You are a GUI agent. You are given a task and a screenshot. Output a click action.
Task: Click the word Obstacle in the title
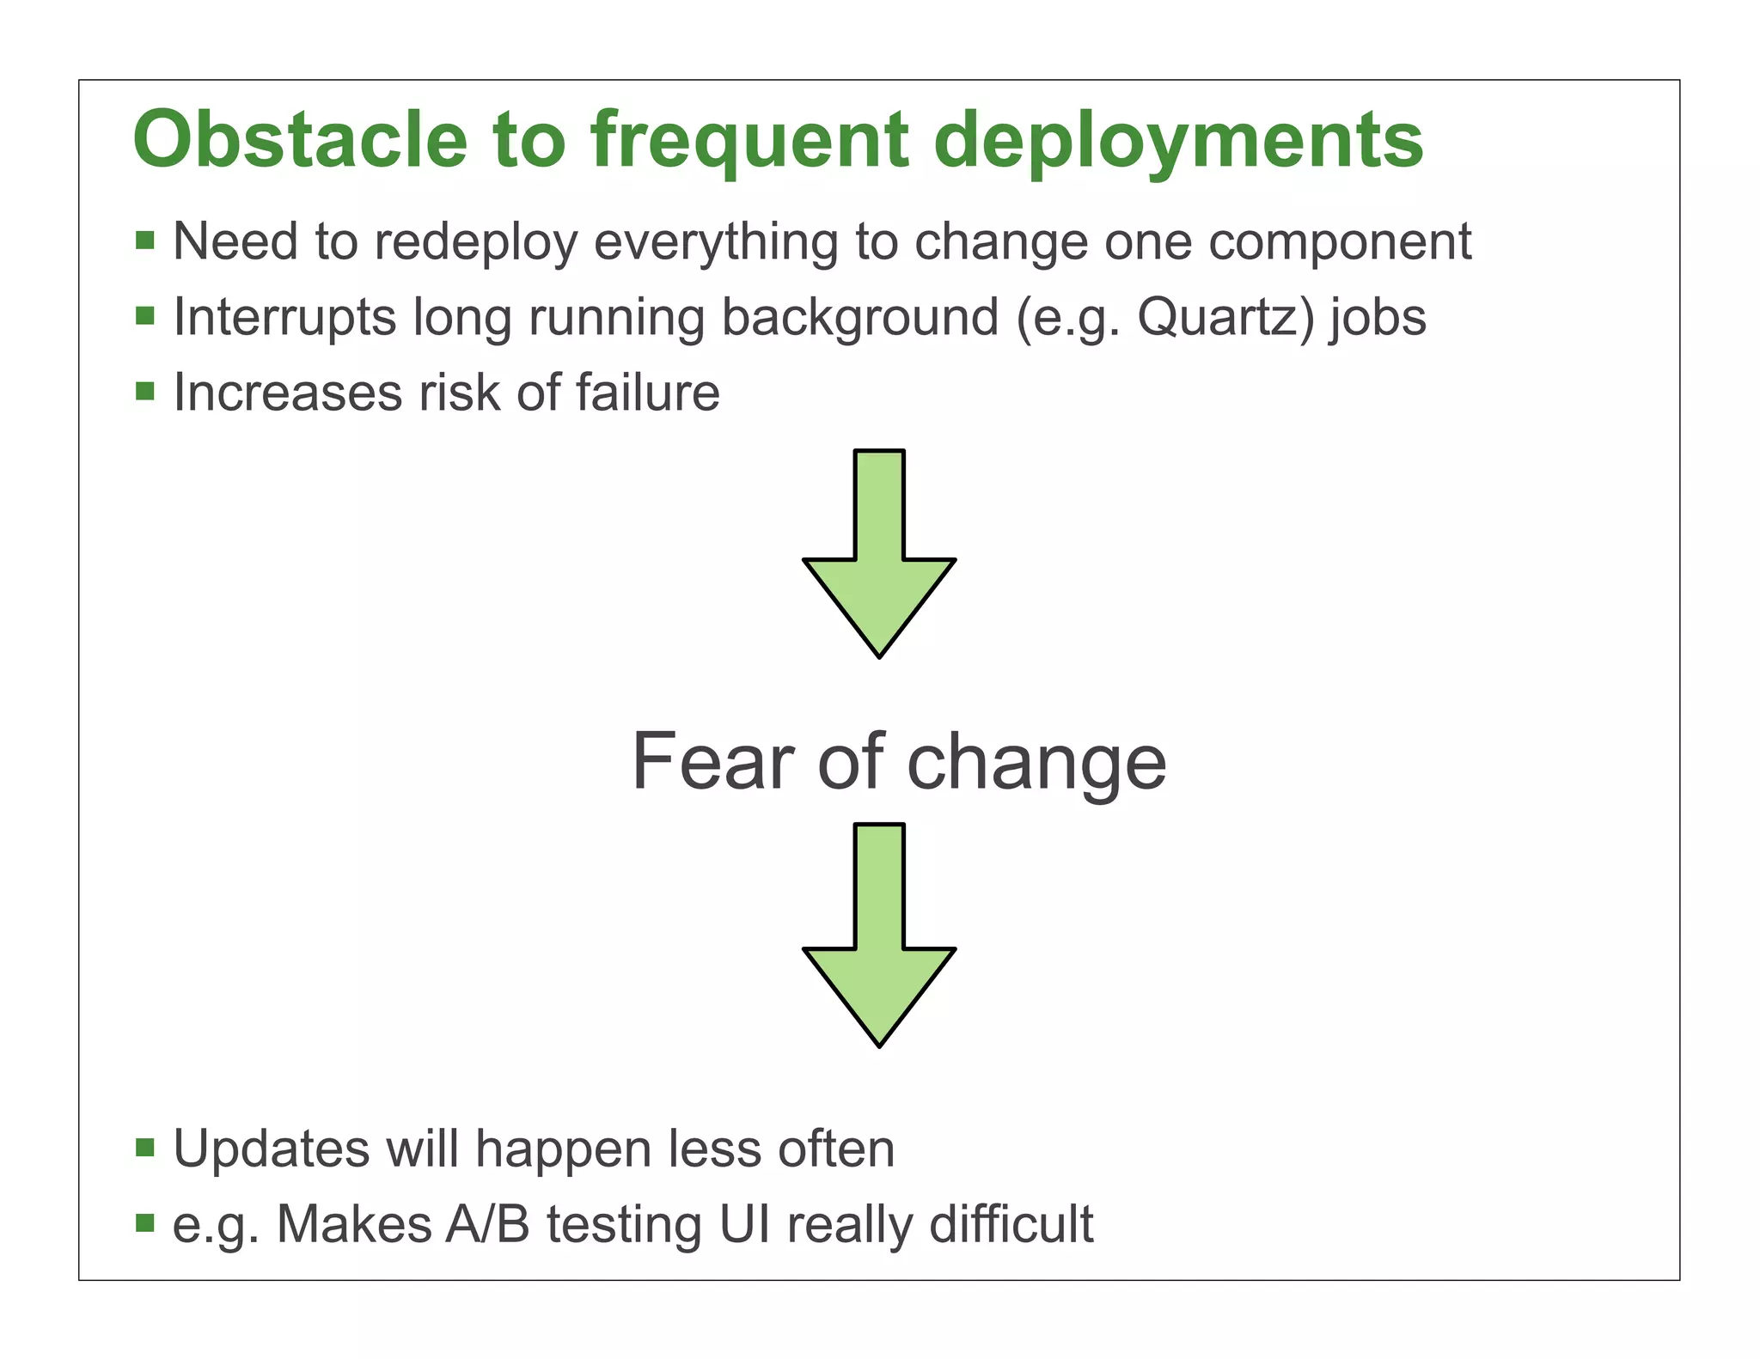click(x=300, y=140)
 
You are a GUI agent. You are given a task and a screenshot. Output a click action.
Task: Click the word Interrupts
click(x=284, y=319)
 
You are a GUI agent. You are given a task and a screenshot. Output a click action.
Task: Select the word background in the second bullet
click(x=859, y=319)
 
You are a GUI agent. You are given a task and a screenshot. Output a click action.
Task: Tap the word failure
click(x=647, y=393)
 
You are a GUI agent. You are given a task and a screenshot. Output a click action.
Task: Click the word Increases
click(x=287, y=393)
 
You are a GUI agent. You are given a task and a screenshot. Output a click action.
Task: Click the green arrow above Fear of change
click(x=879, y=558)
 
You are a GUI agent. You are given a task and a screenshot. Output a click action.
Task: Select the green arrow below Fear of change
click(x=879, y=945)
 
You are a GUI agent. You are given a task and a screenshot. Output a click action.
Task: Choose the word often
click(x=835, y=1149)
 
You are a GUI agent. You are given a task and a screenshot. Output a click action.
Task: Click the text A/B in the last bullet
click(x=486, y=1224)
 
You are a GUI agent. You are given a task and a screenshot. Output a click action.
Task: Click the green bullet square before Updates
click(x=144, y=1148)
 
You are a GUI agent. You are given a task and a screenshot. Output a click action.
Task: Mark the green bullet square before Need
click(x=144, y=240)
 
